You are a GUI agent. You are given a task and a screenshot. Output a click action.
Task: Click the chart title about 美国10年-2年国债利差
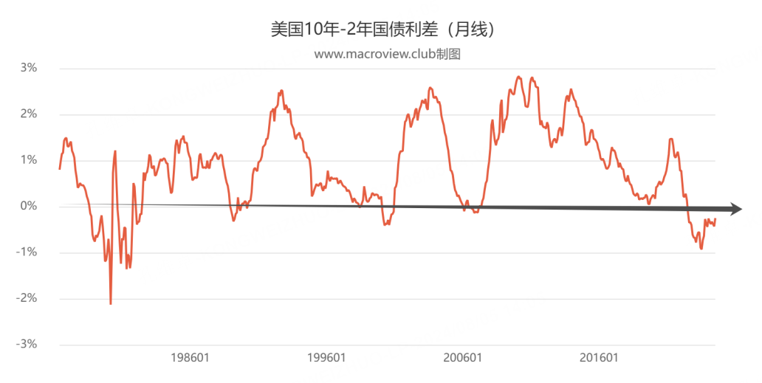coord(383,30)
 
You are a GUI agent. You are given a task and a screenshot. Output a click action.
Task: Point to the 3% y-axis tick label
coord(29,68)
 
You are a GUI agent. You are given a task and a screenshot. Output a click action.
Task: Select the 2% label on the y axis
coord(29,114)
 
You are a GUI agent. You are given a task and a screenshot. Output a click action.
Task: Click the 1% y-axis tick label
coord(29,160)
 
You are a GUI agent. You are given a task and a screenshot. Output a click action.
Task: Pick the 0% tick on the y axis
coord(29,207)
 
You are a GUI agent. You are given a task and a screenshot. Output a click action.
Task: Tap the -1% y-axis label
coord(27,252)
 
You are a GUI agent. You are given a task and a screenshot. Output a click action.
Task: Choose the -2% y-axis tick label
coord(27,299)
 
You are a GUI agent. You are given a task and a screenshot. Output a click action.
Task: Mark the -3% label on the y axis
coord(27,345)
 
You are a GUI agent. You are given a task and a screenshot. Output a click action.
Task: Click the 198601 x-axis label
coord(190,358)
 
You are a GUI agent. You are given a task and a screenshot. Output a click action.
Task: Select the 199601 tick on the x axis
coord(326,358)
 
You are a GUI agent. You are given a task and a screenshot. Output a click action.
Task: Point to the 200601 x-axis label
coord(463,358)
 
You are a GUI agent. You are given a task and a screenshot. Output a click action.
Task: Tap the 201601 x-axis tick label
coord(600,358)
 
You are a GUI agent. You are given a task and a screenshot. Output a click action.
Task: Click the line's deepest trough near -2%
coord(110,304)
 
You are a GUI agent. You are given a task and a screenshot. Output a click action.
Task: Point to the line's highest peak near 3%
coord(518,77)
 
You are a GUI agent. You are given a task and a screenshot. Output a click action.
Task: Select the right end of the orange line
coord(715,219)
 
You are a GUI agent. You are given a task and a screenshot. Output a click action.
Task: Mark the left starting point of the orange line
coord(59,168)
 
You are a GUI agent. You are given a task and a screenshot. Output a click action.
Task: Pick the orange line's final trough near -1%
coord(701,249)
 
